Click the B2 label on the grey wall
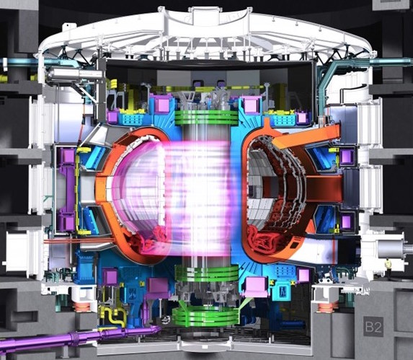click(373, 327)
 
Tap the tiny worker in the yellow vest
click(388, 268)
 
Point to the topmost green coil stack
click(206, 118)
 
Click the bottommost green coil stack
click(205, 317)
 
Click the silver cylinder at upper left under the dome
click(74, 74)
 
